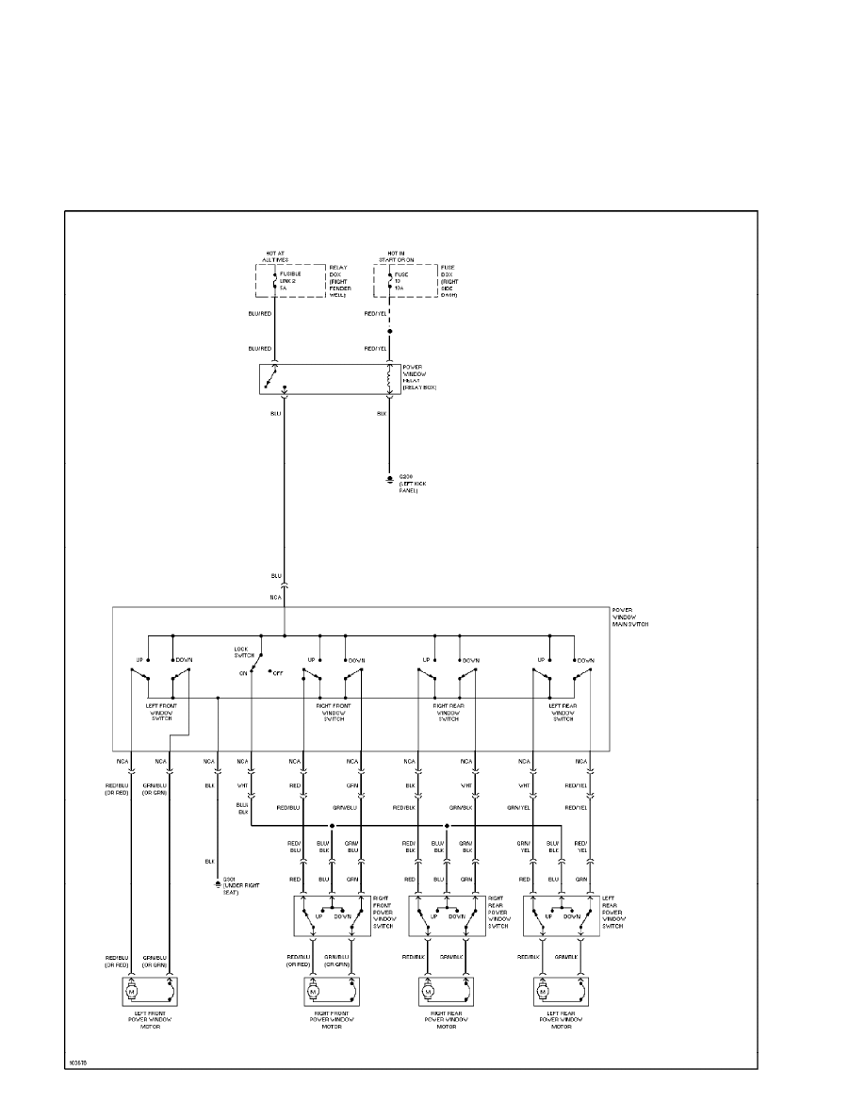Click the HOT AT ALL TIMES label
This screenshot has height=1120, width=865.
[x=275, y=257]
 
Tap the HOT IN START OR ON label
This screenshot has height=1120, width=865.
[x=394, y=257]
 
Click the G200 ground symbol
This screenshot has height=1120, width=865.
[x=389, y=480]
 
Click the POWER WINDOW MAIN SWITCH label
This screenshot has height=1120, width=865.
[x=630, y=618]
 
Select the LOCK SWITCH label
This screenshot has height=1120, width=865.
[x=246, y=651]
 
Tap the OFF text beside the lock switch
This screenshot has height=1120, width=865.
[x=278, y=673]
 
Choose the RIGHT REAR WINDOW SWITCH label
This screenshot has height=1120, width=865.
[x=447, y=713]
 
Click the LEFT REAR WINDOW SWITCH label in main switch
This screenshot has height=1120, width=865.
[x=562, y=713]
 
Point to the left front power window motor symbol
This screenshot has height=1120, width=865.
[x=132, y=992]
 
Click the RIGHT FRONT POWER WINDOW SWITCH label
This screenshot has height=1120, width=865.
[x=384, y=912]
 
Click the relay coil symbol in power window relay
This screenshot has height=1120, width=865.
[x=388, y=378]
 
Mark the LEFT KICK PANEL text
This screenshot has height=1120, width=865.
[x=411, y=487]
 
